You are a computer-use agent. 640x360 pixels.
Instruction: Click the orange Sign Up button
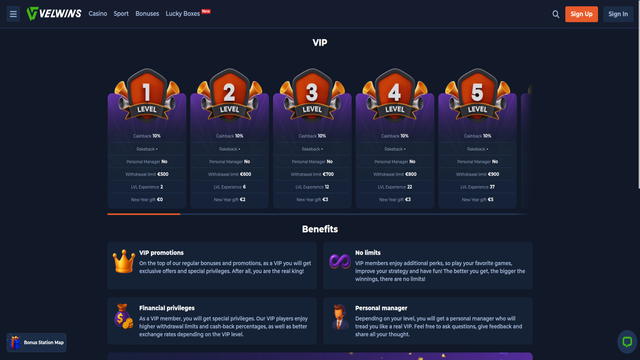pos(581,14)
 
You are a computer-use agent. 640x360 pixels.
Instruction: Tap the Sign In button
pos(618,14)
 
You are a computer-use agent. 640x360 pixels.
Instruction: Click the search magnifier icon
pos(556,14)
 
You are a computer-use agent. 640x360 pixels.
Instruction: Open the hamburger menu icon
pos(13,14)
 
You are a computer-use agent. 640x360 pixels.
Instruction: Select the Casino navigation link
pos(98,14)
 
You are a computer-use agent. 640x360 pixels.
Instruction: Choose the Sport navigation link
pos(121,14)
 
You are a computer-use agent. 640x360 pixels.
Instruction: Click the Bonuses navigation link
pos(147,14)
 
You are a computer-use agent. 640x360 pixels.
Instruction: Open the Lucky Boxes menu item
pos(183,14)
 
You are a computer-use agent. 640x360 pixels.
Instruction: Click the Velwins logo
pos(54,14)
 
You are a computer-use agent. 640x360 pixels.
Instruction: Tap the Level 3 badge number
pos(312,92)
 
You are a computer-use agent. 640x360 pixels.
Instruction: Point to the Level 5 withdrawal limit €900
pos(493,174)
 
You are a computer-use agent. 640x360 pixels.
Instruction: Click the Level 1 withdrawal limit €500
pos(163,174)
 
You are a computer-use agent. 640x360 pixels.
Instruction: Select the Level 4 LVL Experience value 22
pos(410,187)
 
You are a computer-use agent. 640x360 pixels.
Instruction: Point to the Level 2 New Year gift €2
pos(243,200)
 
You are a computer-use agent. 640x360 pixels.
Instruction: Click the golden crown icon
pos(124,261)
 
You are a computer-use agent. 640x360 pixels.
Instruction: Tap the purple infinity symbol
pos(340,261)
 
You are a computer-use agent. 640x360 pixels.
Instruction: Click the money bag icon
pos(124,316)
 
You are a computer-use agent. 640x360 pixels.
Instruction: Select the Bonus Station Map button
pos(36,342)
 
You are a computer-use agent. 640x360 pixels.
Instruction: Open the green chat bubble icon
pos(627,342)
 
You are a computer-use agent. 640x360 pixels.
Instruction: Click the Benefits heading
pos(320,229)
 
